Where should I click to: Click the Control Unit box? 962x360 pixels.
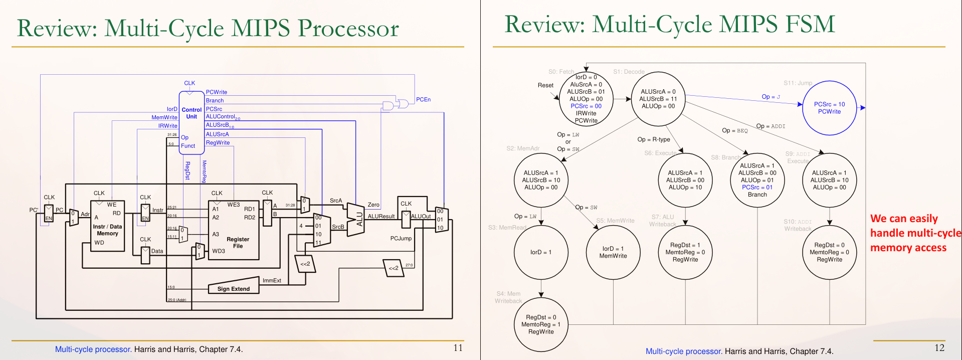191,122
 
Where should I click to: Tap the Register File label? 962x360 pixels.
238,243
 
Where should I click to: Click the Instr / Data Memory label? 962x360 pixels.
107,230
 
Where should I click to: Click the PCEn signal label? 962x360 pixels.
423,99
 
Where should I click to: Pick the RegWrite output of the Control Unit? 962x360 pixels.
218,143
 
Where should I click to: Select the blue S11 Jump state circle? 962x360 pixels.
829,108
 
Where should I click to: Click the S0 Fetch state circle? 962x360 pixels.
586,99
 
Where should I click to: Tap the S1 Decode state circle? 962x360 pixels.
658,99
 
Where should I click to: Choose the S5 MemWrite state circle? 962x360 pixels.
613,252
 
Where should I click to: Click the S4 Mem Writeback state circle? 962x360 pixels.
541,324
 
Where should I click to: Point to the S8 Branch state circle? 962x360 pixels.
757,180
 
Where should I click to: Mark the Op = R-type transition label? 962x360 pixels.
653,139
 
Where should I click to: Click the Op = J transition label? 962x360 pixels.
771,97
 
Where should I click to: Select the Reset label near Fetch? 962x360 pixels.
545,85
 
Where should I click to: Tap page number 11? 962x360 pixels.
458,347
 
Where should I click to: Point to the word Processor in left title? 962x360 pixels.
348,28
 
